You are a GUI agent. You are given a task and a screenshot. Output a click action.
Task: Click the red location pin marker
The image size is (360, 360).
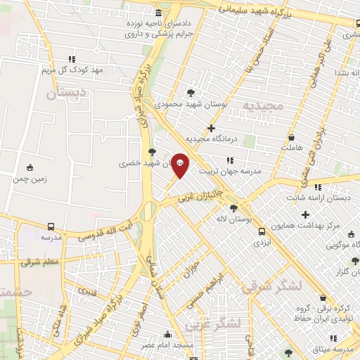click(x=180, y=166)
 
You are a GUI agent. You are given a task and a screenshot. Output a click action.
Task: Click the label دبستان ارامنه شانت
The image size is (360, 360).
click(x=324, y=198)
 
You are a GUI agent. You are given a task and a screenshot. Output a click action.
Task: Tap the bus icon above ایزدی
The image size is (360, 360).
click(x=262, y=231)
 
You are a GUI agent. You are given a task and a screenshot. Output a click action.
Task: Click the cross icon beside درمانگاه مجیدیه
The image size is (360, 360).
click(x=211, y=128)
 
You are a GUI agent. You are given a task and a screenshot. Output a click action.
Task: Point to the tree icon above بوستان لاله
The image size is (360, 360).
click(x=234, y=208)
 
